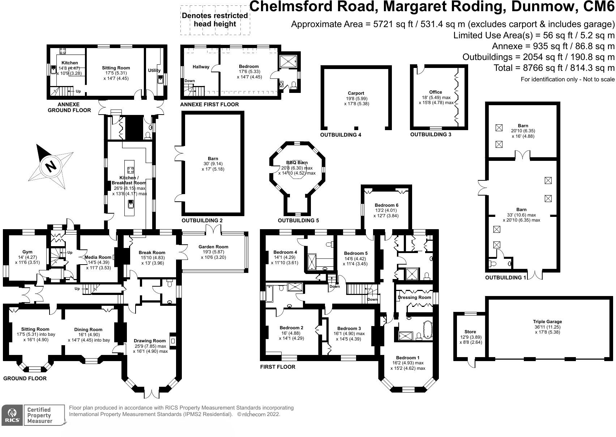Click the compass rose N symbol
[51, 167]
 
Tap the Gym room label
[27, 252]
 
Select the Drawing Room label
[150, 340]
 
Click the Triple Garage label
[547, 321]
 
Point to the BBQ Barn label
[297, 163]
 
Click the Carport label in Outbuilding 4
[356, 93]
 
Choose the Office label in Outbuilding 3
[436, 92]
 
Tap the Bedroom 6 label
[386, 205]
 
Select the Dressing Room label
[414, 297]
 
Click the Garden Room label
[213, 247]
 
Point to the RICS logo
[12, 415]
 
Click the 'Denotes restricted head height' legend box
[215, 20]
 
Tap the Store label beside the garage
[470, 331]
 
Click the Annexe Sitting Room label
[116, 68]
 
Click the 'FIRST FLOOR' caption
[277, 367]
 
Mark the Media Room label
[98, 257]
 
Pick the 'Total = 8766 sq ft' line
[554, 68]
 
